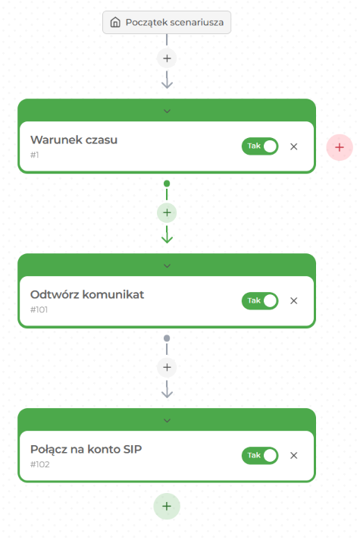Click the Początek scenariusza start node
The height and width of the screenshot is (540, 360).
tap(167, 23)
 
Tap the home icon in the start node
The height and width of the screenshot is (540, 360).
tap(115, 23)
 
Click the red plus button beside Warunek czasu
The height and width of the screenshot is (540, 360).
tap(340, 147)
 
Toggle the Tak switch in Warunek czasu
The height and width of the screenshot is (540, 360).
tap(260, 146)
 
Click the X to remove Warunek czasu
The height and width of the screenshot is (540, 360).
tap(293, 146)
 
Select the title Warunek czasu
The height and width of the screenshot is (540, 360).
tap(74, 140)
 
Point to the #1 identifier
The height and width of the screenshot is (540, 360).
tap(34, 155)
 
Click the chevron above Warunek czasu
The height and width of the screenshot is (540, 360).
tap(167, 111)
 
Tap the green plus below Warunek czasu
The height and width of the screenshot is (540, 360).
tap(167, 213)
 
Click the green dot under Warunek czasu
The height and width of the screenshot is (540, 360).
tap(167, 184)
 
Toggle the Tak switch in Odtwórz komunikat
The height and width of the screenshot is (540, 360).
tap(260, 300)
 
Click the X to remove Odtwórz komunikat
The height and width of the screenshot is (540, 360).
tap(293, 300)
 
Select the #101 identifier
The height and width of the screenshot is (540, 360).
tap(39, 309)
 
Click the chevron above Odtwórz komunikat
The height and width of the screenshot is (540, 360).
tap(167, 266)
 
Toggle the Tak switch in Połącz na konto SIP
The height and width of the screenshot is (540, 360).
tap(260, 455)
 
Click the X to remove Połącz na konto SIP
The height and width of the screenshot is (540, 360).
tap(293, 455)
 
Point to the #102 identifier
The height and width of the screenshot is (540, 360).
tap(40, 464)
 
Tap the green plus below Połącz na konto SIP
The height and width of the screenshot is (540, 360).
tap(167, 507)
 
